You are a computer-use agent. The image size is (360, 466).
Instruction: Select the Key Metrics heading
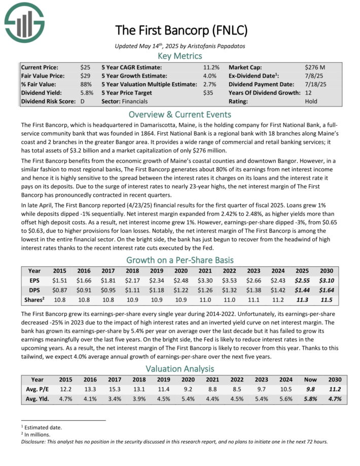181,55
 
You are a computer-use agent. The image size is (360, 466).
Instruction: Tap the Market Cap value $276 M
315,67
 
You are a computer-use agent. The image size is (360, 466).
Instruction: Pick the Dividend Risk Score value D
82,101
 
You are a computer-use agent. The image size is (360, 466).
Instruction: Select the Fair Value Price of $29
85,76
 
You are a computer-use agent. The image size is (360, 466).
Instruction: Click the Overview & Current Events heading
181,114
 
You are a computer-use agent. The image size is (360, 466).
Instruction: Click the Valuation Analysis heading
181,369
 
